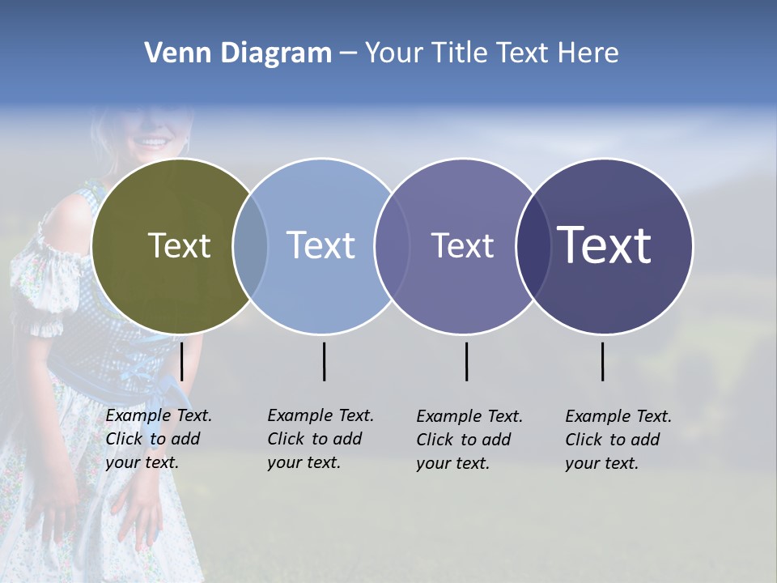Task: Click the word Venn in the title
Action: pos(173,53)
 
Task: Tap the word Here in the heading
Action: pos(588,53)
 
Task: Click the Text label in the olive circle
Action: pos(179,245)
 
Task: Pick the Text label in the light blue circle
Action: pos(321,245)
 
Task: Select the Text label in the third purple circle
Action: pos(462,245)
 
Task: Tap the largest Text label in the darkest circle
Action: pos(604,245)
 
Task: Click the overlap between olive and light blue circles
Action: pos(250,245)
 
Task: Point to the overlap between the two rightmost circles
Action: pos(533,245)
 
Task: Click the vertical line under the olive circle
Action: pos(182,361)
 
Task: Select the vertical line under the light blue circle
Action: pos(324,361)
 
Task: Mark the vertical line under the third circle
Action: pos(466,361)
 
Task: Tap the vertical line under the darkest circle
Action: pos(602,361)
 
